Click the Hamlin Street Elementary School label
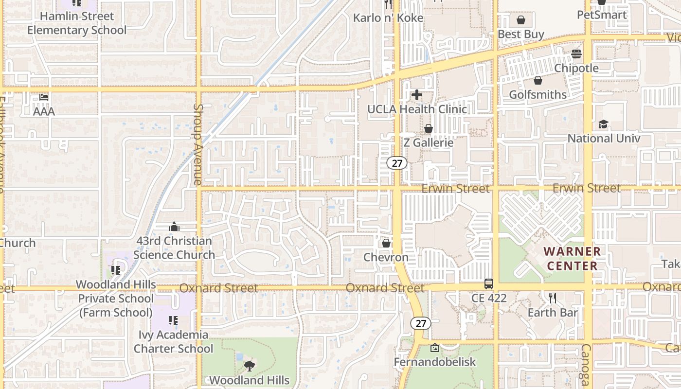pyautogui.click(x=77, y=23)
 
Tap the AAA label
pyautogui.click(x=44, y=111)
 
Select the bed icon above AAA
pyautogui.click(x=44, y=97)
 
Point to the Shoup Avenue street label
pyautogui.click(x=197, y=144)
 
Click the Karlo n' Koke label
pyautogui.click(x=388, y=18)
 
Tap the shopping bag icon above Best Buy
pyautogui.click(x=521, y=20)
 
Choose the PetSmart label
pyautogui.click(x=602, y=15)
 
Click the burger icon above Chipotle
pyautogui.click(x=576, y=54)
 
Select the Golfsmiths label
pyautogui.click(x=538, y=94)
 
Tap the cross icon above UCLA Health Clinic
pyautogui.click(x=417, y=95)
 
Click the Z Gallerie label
pyautogui.click(x=429, y=143)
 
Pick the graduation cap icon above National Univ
pyautogui.click(x=604, y=124)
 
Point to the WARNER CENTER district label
pyautogui.click(x=572, y=259)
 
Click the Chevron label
pyautogui.click(x=386, y=257)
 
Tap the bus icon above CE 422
pyautogui.click(x=489, y=284)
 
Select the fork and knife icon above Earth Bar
pyautogui.click(x=553, y=298)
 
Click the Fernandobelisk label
pyautogui.click(x=435, y=362)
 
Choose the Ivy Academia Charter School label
pyautogui.click(x=173, y=341)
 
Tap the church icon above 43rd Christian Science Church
pyautogui.click(x=174, y=227)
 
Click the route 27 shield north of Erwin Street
pyautogui.click(x=397, y=163)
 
